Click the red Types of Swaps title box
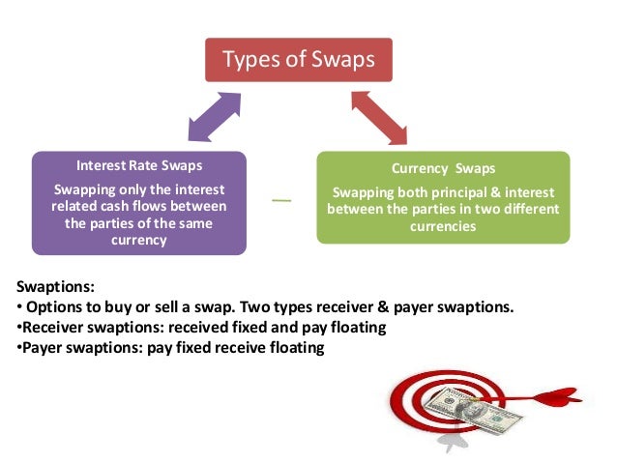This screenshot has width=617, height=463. click(x=298, y=59)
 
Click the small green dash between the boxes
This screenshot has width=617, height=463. click(x=281, y=200)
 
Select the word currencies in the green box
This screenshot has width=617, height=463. click(x=443, y=225)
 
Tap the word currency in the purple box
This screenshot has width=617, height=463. click(x=138, y=241)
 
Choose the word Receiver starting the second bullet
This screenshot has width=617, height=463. click(x=49, y=328)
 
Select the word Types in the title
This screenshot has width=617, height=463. click(x=249, y=59)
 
